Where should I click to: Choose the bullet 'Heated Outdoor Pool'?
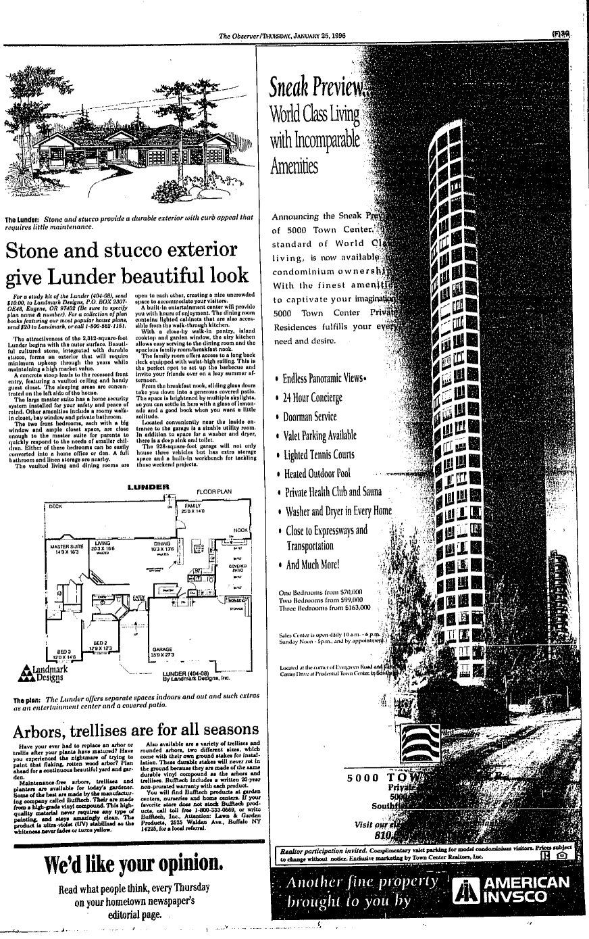click(x=318, y=473)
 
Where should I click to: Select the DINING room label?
click(x=161, y=544)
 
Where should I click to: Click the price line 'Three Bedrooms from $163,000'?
click(x=325, y=608)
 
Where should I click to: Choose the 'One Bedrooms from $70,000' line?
click(x=321, y=592)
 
